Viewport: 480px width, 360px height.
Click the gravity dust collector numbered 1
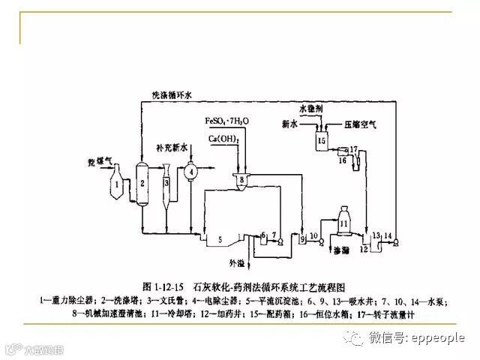tap(119, 183)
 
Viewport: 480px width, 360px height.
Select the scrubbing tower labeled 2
tap(142, 182)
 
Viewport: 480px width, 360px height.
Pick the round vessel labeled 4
tap(192, 172)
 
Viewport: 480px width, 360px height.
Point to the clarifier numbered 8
tap(241, 179)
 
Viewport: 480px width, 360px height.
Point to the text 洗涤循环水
tap(167, 95)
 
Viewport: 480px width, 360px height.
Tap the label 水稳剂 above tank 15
tap(310, 109)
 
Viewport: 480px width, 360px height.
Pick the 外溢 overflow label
tap(237, 263)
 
